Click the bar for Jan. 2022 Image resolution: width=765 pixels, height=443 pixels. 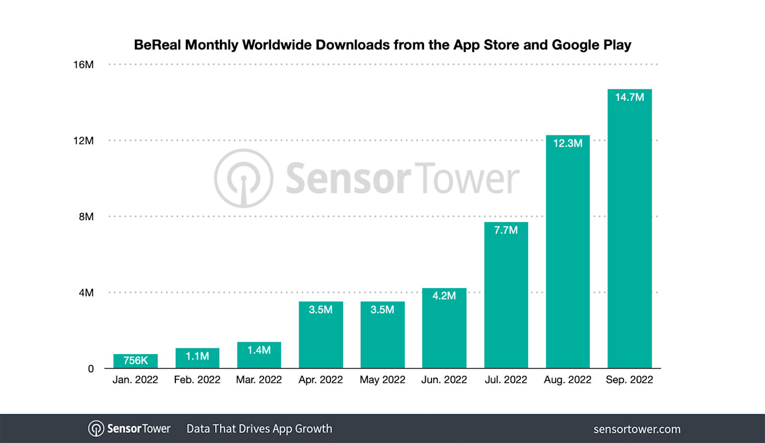(135, 362)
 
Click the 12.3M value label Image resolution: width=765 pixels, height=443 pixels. (568, 143)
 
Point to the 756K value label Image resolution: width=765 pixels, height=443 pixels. (135, 361)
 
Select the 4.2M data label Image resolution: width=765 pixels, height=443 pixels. (444, 296)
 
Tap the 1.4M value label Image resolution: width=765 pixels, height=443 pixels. (259, 350)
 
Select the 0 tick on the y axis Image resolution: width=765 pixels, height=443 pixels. (90, 369)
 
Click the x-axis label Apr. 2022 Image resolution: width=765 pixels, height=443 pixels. (321, 380)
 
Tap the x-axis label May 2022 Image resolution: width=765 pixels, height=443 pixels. (382, 380)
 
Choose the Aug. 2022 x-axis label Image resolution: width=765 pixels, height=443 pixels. (568, 380)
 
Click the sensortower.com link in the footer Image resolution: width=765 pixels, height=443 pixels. (636, 429)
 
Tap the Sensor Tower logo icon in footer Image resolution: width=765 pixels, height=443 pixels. (96, 429)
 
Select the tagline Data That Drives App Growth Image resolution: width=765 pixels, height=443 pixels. (259, 429)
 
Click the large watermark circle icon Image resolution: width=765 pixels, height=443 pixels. (243, 178)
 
